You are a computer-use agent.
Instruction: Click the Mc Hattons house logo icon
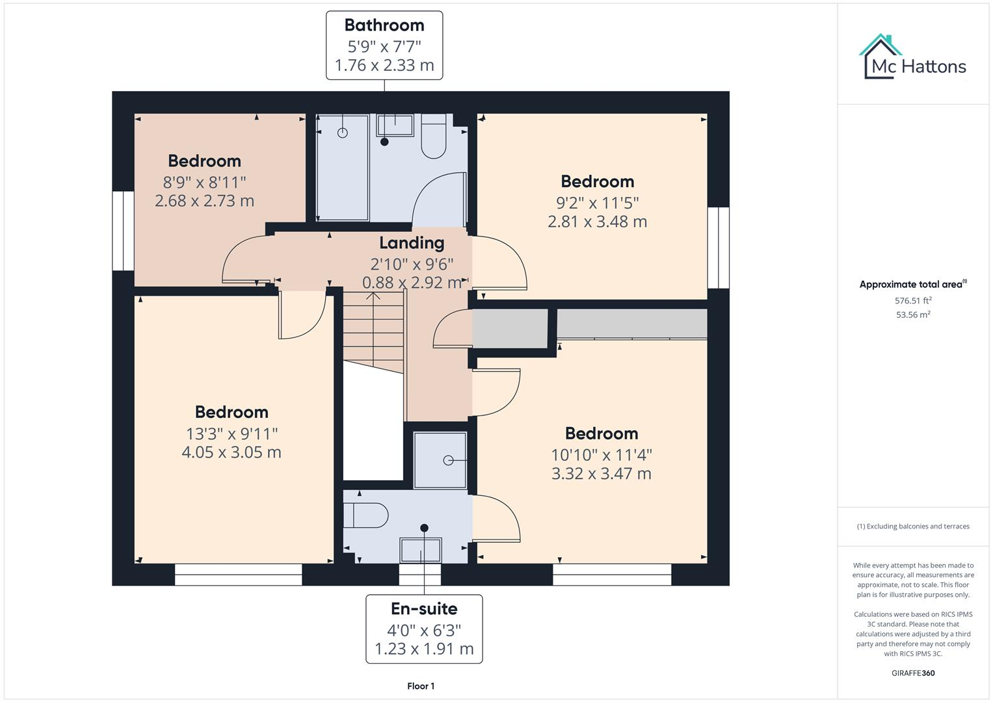click(881, 56)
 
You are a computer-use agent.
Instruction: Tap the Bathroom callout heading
click(384, 25)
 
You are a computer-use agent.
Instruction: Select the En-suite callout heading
click(424, 609)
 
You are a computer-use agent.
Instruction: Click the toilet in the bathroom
click(433, 137)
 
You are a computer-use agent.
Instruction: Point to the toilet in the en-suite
click(365, 515)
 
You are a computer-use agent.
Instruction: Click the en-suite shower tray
click(440, 460)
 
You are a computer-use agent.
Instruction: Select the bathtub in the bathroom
click(343, 168)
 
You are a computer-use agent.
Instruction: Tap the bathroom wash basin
click(395, 125)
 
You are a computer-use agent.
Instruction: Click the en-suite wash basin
click(421, 550)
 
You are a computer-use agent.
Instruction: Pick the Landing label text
click(412, 243)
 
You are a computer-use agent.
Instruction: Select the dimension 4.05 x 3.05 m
click(232, 452)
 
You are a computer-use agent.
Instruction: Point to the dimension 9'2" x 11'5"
click(597, 202)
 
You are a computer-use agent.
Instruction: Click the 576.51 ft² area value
click(913, 301)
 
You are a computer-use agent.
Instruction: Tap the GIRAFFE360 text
click(913, 673)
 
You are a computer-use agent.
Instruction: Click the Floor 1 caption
click(421, 686)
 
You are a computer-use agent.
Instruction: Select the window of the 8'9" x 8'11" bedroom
click(123, 231)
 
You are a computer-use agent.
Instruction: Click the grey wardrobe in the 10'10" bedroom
click(632, 324)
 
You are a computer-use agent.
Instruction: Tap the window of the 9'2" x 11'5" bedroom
click(718, 248)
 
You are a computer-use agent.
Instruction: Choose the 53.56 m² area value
click(913, 315)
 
